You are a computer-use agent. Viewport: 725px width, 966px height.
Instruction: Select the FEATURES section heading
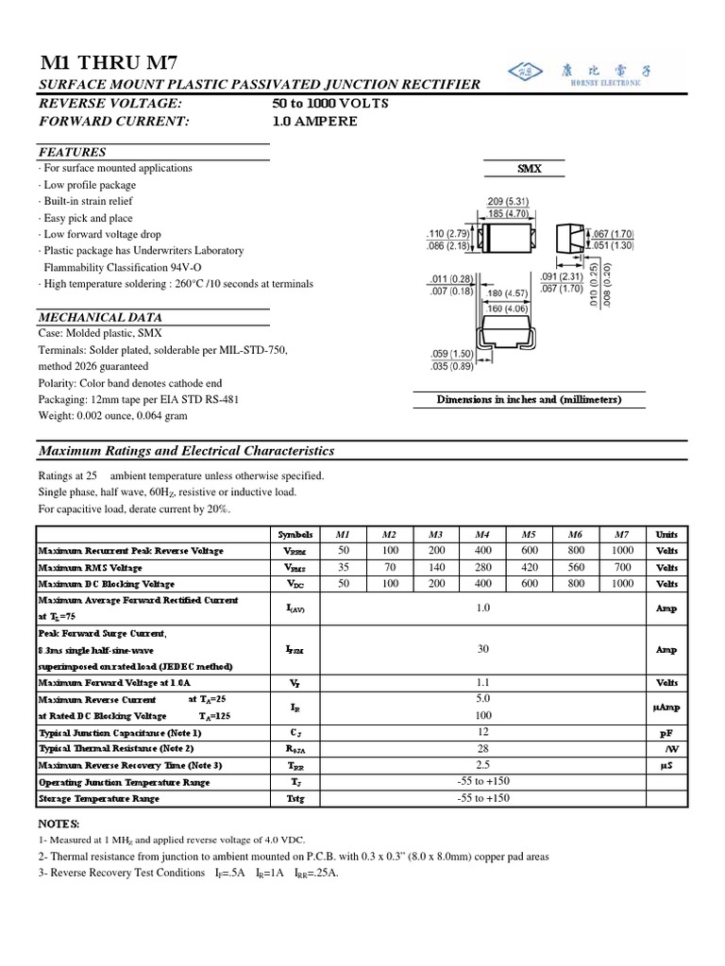click(x=72, y=152)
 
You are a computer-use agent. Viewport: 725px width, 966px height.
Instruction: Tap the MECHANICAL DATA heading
click(x=94, y=317)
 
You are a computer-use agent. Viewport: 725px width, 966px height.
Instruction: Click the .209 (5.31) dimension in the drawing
click(x=507, y=201)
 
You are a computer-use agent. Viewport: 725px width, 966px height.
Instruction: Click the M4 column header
click(x=483, y=534)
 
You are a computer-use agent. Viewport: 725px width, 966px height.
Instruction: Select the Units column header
click(x=666, y=534)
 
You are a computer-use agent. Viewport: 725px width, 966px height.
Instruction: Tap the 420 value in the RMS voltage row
click(x=529, y=567)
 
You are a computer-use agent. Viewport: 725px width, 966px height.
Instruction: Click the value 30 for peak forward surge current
click(x=483, y=649)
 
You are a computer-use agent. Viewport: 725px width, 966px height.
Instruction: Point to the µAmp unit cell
click(x=666, y=706)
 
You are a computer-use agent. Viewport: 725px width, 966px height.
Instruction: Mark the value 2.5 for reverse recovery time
click(x=483, y=764)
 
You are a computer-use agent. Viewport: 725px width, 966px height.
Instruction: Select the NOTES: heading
click(x=59, y=824)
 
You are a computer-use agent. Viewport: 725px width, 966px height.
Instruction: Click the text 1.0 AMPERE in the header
click(x=314, y=121)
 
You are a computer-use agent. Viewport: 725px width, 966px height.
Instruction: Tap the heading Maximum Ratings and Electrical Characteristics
click(x=186, y=451)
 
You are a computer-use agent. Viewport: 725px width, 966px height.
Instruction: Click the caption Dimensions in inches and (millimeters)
click(x=529, y=399)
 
